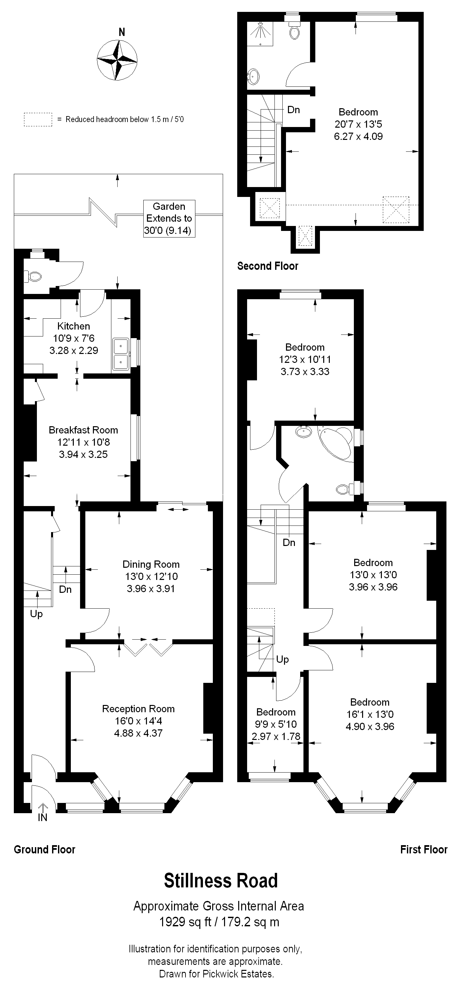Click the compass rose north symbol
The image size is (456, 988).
117,60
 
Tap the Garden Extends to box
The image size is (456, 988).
169,219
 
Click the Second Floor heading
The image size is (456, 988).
268,266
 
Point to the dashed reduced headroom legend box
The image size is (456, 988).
38,120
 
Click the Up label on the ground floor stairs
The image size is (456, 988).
36,614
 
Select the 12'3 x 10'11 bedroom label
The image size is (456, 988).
305,359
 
